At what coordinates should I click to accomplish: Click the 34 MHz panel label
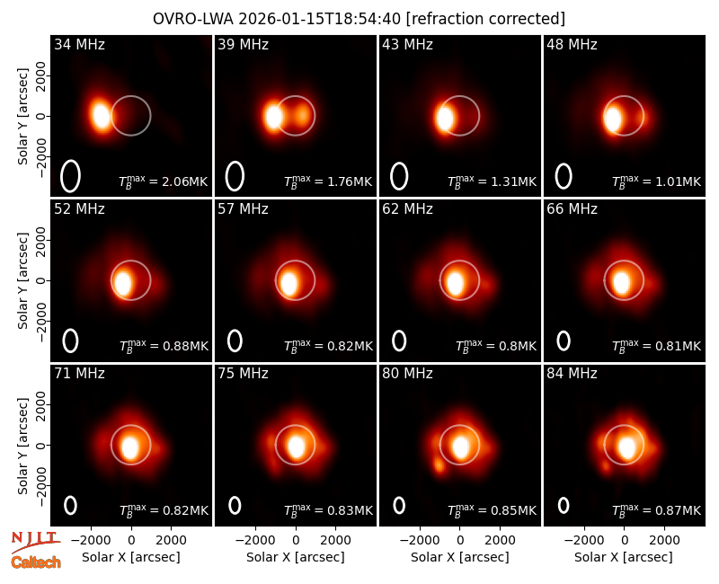pyautogui.click(x=79, y=44)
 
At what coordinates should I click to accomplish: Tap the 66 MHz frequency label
pyautogui.click(x=572, y=209)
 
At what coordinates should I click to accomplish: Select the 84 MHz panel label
pyautogui.click(x=572, y=374)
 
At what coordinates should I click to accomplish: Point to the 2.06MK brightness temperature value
pyautogui.click(x=178, y=181)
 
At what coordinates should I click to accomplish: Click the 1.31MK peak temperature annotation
pyautogui.click(x=507, y=181)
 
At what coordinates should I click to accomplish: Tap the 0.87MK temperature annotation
pyautogui.click(x=671, y=510)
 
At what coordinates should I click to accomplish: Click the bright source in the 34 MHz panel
pyautogui.click(x=101, y=115)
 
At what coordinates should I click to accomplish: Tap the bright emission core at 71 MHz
pyautogui.click(x=130, y=446)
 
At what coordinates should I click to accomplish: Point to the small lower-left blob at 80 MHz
pyautogui.click(x=439, y=466)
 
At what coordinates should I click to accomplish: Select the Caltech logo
pyautogui.click(x=36, y=562)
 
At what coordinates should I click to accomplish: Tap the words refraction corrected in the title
pyautogui.click(x=485, y=19)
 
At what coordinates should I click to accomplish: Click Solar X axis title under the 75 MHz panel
pyautogui.click(x=296, y=557)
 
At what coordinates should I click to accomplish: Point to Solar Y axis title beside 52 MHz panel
pyautogui.click(x=23, y=280)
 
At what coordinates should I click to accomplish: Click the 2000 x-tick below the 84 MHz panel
pyautogui.click(x=664, y=540)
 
